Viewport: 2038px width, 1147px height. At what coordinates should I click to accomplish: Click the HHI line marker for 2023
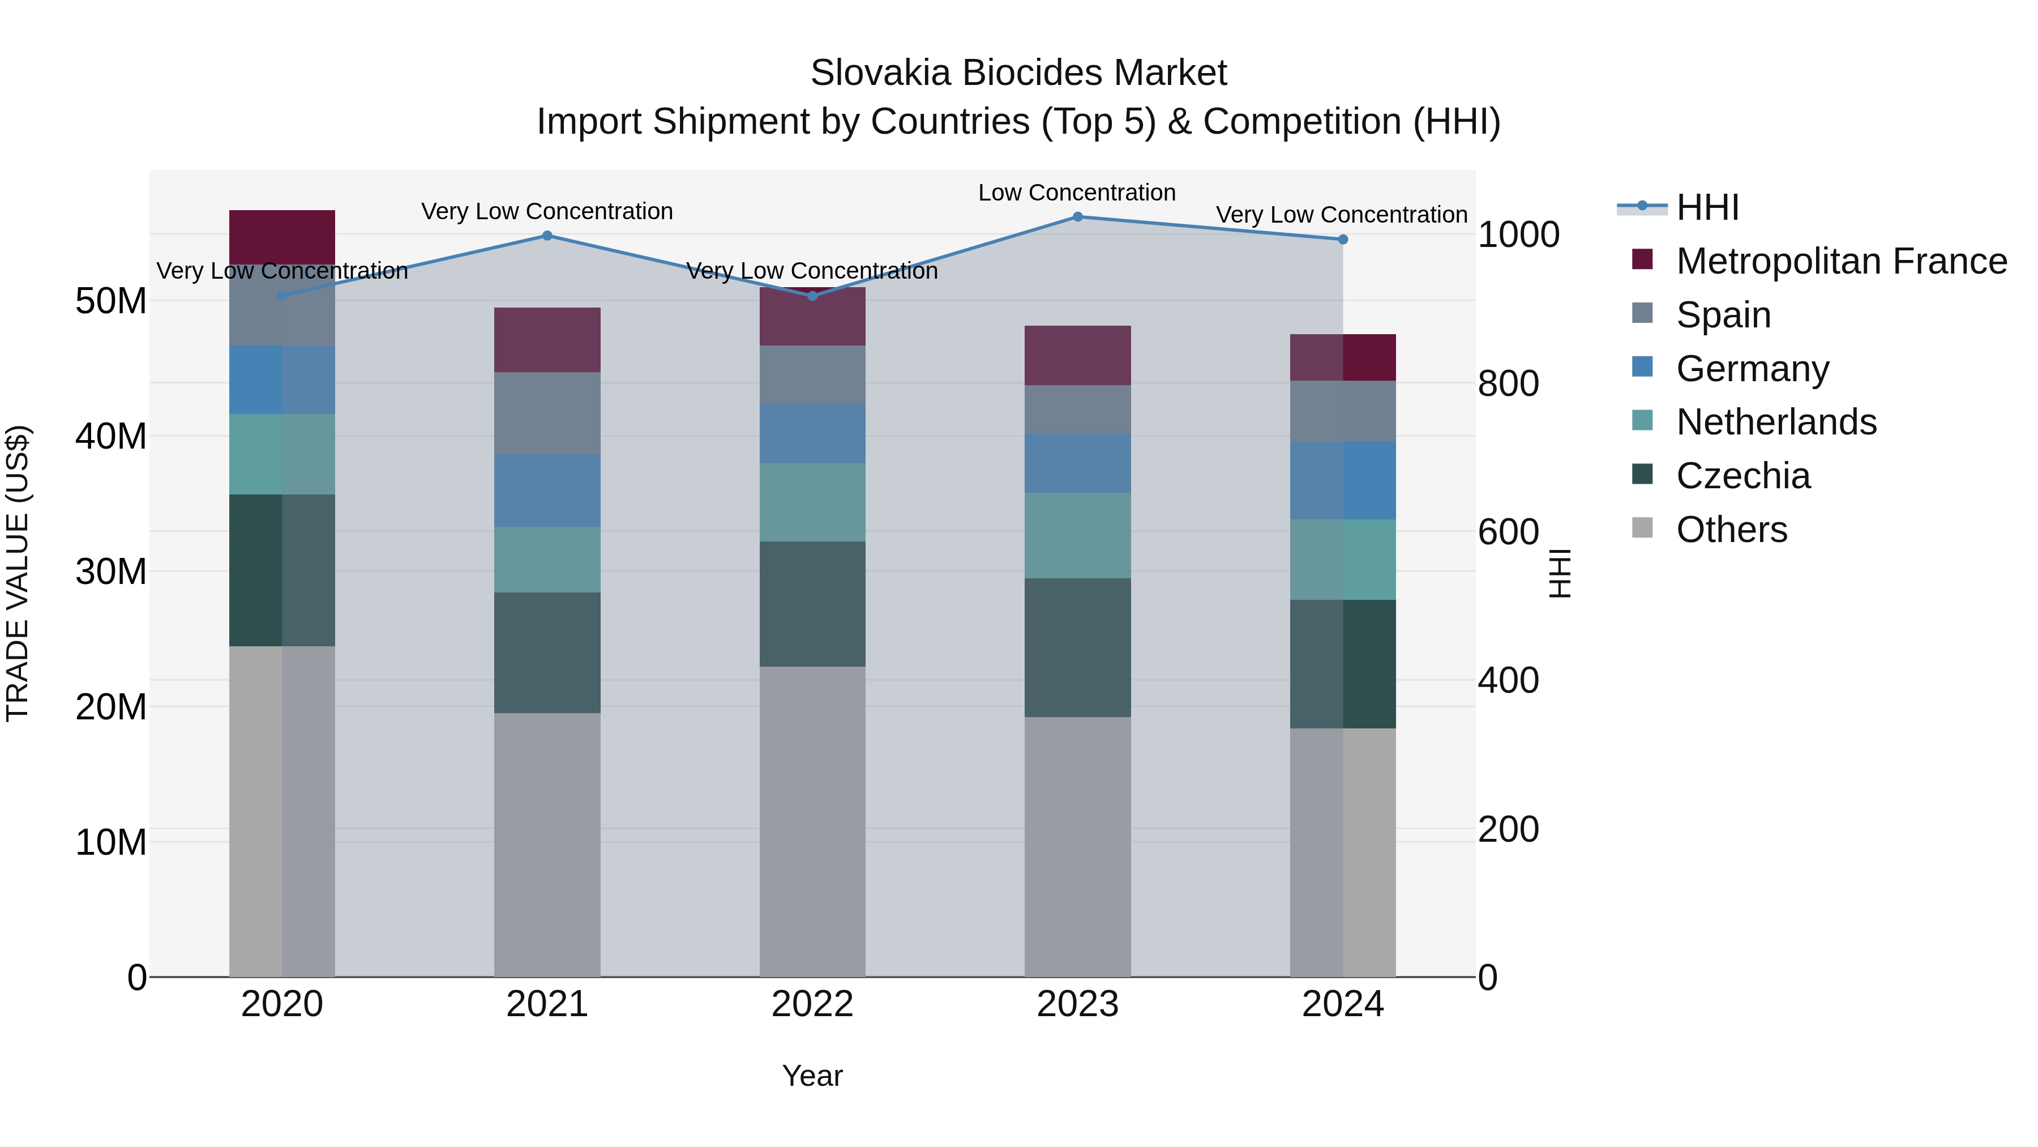pyautogui.click(x=1077, y=217)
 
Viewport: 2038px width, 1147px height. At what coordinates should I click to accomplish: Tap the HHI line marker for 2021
pyautogui.click(x=547, y=236)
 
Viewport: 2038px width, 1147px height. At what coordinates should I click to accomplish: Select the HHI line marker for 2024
pyautogui.click(x=1343, y=240)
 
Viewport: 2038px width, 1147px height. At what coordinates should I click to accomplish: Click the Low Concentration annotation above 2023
pyautogui.click(x=1077, y=193)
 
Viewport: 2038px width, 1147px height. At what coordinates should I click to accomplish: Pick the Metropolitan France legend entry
pyautogui.click(x=1841, y=261)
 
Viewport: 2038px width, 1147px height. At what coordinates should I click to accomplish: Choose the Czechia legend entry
pyautogui.click(x=1743, y=476)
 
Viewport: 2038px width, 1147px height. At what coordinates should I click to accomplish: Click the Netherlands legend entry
pyautogui.click(x=1776, y=422)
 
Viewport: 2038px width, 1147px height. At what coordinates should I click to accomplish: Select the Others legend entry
pyautogui.click(x=1731, y=530)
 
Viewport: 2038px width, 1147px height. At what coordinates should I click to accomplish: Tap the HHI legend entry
pyautogui.click(x=1707, y=207)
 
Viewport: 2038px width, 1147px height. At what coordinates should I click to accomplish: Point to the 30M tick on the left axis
pyautogui.click(x=111, y=572)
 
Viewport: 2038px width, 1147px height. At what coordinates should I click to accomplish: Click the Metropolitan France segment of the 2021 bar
pyautogui.click(x=547, y=340)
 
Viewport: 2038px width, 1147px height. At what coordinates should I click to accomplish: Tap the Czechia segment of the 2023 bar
pyautogui.click(x=1077, y=647)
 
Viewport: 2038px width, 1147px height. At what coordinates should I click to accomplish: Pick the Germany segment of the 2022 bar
pyautogui.click(x=812, y=434)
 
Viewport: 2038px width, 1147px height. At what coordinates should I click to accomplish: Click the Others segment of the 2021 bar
pyautogui.click(x=547, y=845)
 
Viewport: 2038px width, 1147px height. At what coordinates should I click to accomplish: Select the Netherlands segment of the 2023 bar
pyautogui.click(x=1077, y=536)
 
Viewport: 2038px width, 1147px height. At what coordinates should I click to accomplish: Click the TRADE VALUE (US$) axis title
pyautogui.click(x=18, y=573)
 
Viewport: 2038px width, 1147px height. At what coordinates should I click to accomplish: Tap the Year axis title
pyautogui.click(x=812, y=1077)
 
